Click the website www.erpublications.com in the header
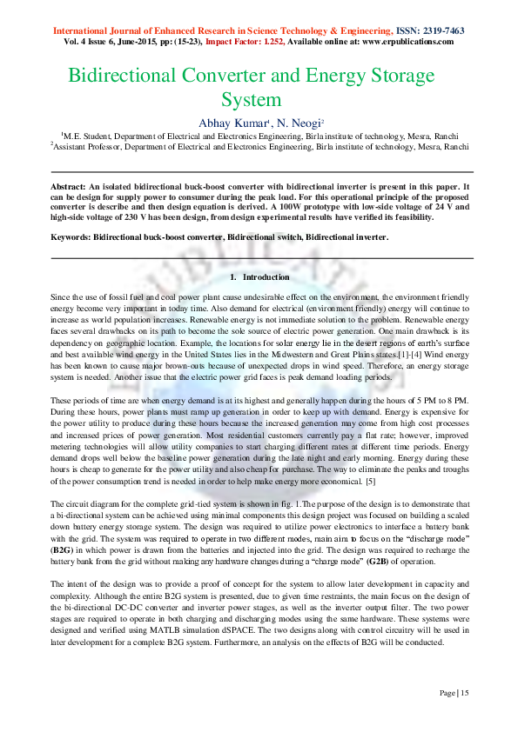[408, 42]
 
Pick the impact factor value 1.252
[300, 42]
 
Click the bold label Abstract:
[70, 187]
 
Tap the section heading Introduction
[266, 277]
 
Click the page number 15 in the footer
[464, 693]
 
